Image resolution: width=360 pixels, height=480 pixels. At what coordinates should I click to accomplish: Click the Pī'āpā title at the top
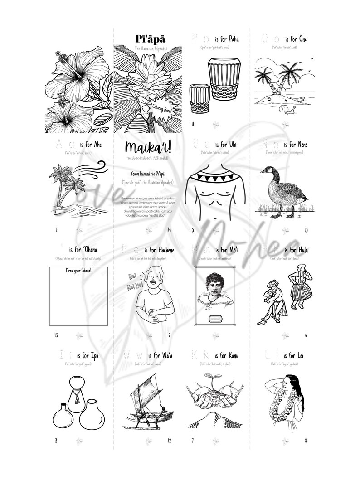147,40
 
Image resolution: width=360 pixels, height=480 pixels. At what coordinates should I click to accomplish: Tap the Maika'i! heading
147,147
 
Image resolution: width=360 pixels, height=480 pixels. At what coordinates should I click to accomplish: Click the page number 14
169,230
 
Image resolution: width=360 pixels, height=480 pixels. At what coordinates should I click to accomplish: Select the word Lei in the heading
304,356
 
